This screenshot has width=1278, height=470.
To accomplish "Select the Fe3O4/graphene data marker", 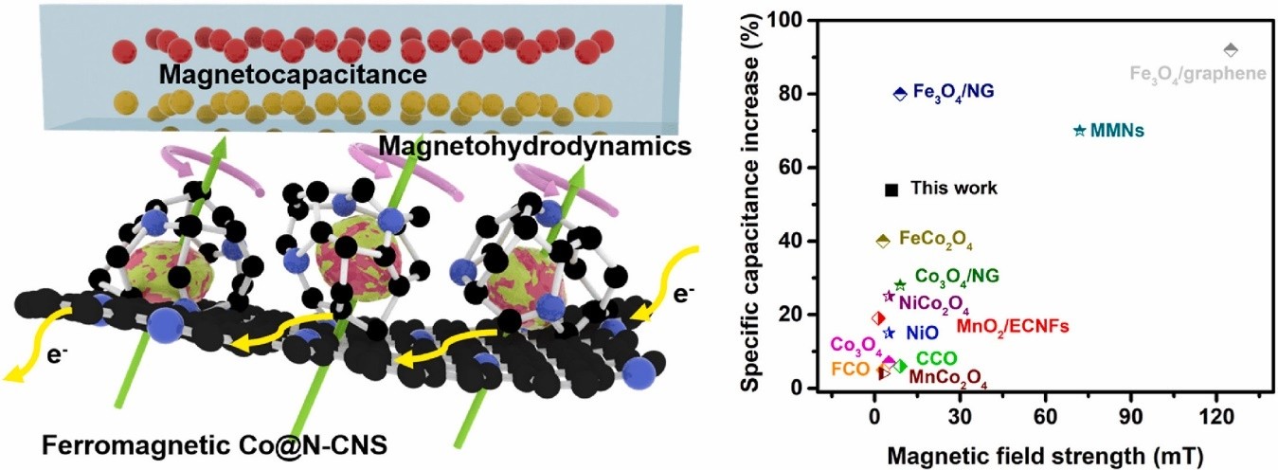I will (x=1231, y=49).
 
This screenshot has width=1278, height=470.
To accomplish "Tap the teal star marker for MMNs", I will (x=1079, y=130).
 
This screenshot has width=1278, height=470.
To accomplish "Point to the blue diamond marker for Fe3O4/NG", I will (x=900, y=93).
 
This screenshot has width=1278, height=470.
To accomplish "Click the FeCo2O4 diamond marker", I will (x=883, y=241).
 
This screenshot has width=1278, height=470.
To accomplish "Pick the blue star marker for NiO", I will (x=889, y=333).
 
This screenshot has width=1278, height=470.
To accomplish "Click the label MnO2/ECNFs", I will (x=1013, y=327).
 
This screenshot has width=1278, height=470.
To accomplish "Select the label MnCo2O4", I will (x=948, y=378).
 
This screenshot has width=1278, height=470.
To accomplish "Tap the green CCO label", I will (x=936, y=359).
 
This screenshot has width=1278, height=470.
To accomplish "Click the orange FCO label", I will (x=850, y=369).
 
